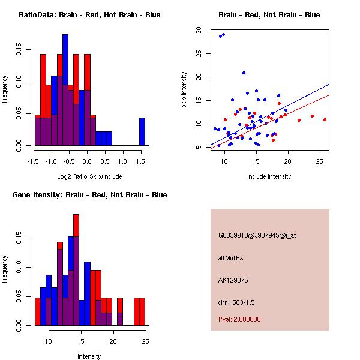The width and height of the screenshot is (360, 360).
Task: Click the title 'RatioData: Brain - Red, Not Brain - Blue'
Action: click(x=89, y=15)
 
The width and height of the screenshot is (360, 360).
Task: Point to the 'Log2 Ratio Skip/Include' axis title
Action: click(x=89, y=177)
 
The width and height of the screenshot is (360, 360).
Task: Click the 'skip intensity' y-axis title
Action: click(x=185, y=90)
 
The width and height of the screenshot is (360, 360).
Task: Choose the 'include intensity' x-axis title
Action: click(x=269, y=176)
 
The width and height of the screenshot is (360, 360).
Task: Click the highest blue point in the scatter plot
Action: click(x=223, y=35)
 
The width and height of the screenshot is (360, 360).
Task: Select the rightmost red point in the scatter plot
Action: click(x=325, y=119)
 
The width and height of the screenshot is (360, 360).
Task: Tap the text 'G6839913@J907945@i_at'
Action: click(x=257, y=235)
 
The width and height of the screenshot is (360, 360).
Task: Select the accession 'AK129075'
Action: click(x=233, y=280)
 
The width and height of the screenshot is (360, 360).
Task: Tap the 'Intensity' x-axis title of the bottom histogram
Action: click(x=89, y=356)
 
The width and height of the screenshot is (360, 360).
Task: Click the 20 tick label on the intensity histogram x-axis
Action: click(x=113, y=341)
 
